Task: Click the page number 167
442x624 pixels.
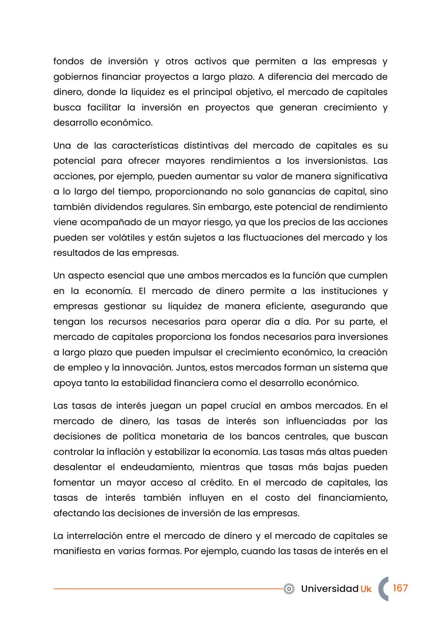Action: coord(400,588)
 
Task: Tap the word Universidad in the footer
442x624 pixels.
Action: coord(329,588)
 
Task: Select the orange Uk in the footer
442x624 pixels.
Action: coord(366,589)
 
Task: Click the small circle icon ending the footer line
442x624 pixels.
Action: coord(289,589)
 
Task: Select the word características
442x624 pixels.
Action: coord(145,146)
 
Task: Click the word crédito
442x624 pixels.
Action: coord(216,482)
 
